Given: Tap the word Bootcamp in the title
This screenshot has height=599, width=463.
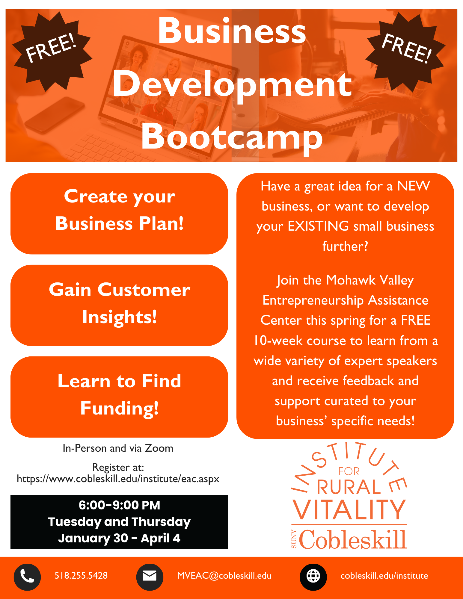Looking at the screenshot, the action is (x=232, y=138).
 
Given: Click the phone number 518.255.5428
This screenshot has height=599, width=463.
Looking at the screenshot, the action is (x=81, y=575).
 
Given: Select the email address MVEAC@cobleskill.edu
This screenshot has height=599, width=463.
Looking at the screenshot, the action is (x=224, y=576).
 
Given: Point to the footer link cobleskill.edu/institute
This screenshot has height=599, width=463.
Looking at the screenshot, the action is (x=384, y=576).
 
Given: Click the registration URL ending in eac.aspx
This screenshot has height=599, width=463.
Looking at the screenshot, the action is (x=118, y=479).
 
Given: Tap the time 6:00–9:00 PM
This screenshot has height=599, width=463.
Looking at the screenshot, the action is (x=119, y=505).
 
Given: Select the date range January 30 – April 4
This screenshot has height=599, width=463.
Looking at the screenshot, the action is (x=119, y=538).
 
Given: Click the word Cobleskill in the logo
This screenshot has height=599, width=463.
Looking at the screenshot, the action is (x=353, y=539).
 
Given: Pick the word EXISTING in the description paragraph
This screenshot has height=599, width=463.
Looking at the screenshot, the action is (x=318, y=226).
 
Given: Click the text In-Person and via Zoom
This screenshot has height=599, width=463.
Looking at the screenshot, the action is (x=118, y=448).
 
